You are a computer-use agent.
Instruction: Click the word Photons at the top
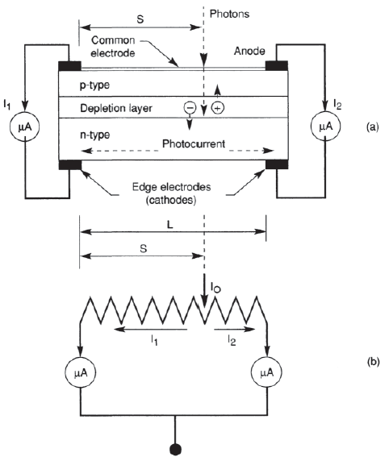(229, 14)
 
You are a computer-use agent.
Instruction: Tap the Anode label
(249, 51)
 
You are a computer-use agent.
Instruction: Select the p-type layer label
(94, 85)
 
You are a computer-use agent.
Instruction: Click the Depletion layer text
(116, 108)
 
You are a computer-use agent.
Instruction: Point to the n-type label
(94, 135)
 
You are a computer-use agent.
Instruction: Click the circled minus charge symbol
(190, 107)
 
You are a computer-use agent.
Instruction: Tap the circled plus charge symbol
(218, 108)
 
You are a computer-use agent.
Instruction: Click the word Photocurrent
(194, 143)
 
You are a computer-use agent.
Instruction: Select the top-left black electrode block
(69, 66)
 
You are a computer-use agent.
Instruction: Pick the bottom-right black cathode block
(277, 164)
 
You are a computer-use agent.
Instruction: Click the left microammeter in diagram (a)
(25, 127)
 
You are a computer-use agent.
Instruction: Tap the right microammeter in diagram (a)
(325, 127)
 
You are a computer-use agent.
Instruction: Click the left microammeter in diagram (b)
(81, 372)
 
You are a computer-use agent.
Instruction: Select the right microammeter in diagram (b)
(266, 372)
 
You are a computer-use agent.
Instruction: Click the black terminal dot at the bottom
(175, 449)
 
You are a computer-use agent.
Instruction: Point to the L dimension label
(170, 225)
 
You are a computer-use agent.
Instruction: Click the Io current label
(215, 287)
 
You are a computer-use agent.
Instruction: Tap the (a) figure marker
(372, 127)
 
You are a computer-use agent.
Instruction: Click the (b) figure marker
(373, 362)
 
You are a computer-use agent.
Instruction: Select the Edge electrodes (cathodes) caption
(171, 193)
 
